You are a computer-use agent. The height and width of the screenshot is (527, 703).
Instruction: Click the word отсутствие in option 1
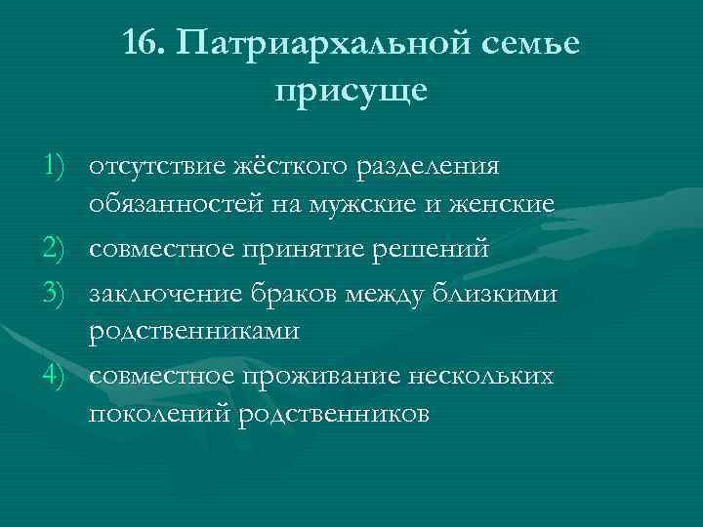pyautogui.click(x=151, y=164)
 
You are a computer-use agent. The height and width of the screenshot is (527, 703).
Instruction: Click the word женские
pyautogui.click(x=504, y=206)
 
